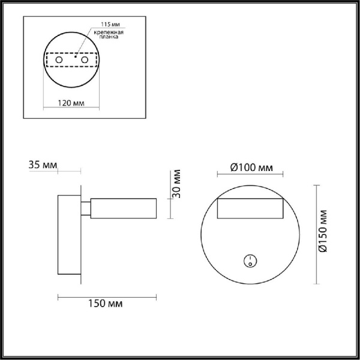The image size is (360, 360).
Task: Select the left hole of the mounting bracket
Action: point(59,61)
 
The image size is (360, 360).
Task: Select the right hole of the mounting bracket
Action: point(85,61)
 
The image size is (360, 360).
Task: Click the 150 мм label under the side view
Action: point(109,304)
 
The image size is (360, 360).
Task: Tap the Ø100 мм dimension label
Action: point(250,167)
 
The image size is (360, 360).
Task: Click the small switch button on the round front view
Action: point(249,260)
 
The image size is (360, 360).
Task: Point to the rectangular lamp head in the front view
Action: point(250,209)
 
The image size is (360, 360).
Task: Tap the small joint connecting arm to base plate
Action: point(86,208)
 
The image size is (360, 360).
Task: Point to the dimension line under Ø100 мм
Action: point(250,175)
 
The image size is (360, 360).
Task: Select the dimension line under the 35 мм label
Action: point(68,172)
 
